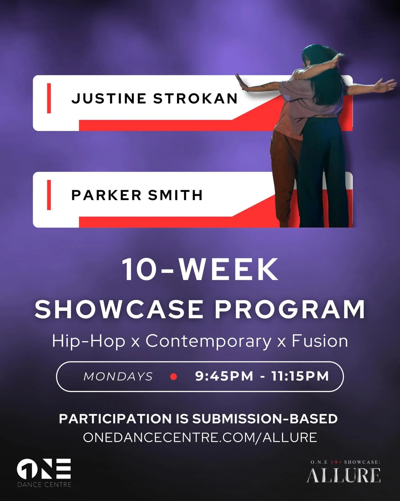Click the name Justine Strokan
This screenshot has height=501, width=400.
click(154, 98)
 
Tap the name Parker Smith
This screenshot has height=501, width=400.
click(137, 195)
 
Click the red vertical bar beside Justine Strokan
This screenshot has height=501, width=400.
click(49, 98)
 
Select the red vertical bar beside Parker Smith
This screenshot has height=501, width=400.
click(49, 195)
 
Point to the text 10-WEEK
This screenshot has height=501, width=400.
click(200, 270)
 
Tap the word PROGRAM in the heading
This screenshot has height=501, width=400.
click(290, 309)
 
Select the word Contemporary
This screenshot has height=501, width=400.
click(208, 341)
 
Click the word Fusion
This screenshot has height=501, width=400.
click(320, 341)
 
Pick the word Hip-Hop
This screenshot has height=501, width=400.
click(89, 341)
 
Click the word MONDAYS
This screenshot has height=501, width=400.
click(118, 376)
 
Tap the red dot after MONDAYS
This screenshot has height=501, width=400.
click(174, 377)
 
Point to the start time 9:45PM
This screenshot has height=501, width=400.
click(224, 376)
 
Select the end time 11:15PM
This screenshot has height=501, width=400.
click(300, 376)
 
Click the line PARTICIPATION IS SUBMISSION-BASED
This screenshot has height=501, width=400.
click(198, 419)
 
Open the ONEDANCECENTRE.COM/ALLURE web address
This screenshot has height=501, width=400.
click(200, 437)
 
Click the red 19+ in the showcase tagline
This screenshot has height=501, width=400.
click(336, 462)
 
